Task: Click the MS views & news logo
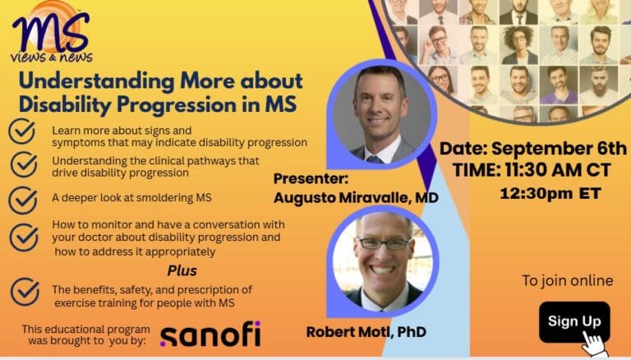[x=52, y=33]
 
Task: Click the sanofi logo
[x=210, y=335]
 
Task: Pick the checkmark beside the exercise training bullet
[x=24, y=291]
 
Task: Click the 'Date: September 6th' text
[x=532, y=149]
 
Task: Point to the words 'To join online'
[x=567, y=280]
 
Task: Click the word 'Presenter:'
[x=311, y=178]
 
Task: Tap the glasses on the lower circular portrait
[x=383, y=242]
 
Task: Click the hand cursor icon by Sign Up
[x=593, y=340]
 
